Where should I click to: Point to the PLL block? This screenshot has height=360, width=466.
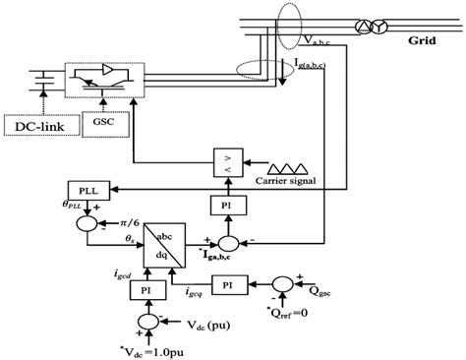81,187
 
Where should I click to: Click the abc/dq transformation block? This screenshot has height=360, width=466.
163,240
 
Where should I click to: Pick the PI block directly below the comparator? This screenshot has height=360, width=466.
227,203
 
